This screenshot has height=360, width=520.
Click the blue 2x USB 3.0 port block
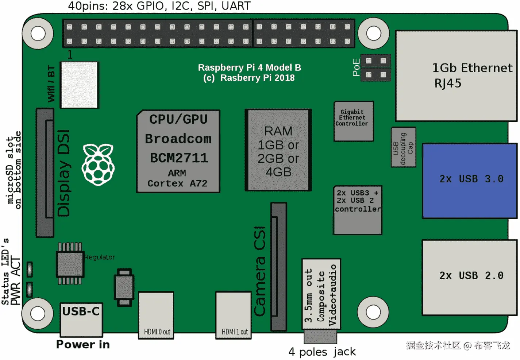[x=470, y=181]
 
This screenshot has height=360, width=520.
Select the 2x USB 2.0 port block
[x=470, y=277]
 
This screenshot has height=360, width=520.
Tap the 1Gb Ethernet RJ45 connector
[x=456, y=76]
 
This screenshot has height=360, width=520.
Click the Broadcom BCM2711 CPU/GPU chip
[x=178, y=151]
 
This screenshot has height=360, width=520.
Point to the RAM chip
[x=278, y=150]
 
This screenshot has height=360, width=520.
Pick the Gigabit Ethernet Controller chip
[x=353, y=121]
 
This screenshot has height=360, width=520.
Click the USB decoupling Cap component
[x=403, y=147]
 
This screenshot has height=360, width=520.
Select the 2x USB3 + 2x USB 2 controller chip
[x=358, y=210]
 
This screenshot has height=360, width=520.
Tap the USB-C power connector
[x=81, y=320]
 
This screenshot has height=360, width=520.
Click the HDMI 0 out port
[x=156, y=315]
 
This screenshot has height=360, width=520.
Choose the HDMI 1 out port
[x=233, y=315]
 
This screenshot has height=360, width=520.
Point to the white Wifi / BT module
[x=79, y=85]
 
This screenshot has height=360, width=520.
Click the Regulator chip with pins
[x=70, y=263]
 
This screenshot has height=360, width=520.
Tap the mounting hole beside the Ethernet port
[x=373, y=34]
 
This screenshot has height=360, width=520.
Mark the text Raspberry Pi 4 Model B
[x=249, y=67]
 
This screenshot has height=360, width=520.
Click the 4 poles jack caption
[x=322, y=352]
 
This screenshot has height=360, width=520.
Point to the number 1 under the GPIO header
[x=70, y=55]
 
